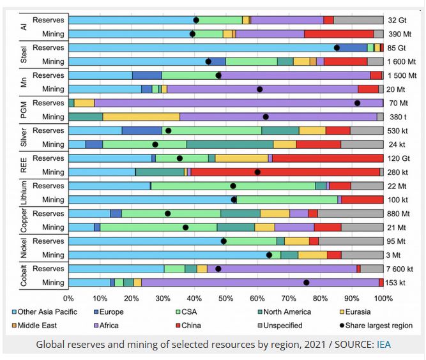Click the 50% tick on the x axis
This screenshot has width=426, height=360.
tap(226, 297)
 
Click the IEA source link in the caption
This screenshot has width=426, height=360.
tap(384, 345)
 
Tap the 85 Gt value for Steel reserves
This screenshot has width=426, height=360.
tap(398, 47)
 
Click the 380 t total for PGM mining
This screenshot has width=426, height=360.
tap(397, 117)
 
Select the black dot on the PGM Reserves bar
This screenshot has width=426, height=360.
tap(357, 103)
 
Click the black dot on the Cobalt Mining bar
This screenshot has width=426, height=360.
tap(306, 283)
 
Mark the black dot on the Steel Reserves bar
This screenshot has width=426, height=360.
tap(337, 47)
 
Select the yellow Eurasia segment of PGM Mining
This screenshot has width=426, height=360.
tap(141, 117)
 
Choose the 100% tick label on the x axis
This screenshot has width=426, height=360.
tap(383, 297)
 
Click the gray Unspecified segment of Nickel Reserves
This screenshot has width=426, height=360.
tap(351, 241)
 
